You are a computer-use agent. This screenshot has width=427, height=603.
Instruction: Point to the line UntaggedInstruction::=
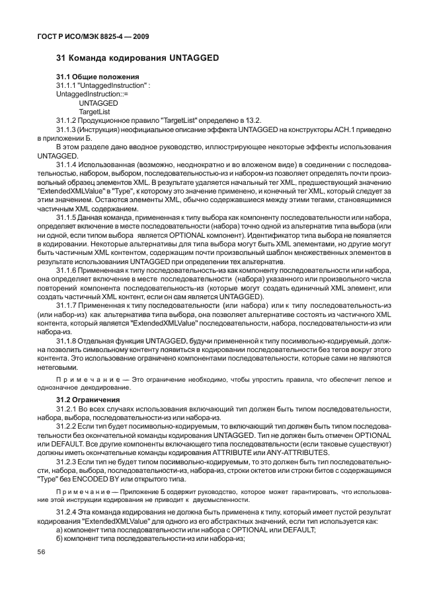point(93,94)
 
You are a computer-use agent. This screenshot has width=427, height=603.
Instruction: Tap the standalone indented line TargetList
point(95,112)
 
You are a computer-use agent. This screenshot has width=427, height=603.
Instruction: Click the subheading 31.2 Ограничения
point(88,400)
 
